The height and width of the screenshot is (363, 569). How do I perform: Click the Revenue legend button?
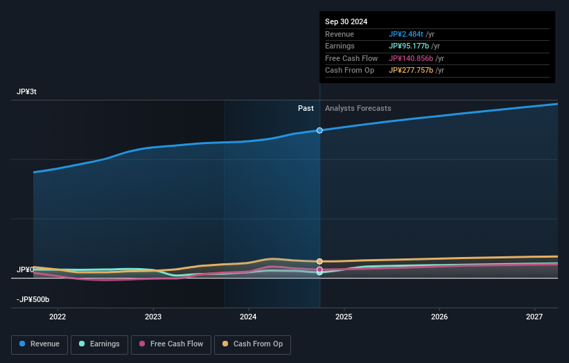[40, 344]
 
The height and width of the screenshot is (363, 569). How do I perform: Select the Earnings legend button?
[99, 344]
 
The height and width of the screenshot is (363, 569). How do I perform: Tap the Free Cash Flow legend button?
[170, 344]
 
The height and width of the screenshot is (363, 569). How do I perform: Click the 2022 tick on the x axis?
[58, 317]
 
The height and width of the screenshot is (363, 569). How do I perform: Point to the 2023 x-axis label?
[153, 317]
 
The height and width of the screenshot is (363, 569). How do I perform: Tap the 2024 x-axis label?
[248, 317]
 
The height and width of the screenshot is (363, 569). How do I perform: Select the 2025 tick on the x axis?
[344, 317]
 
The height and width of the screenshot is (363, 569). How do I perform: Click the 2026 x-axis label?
[439, 317]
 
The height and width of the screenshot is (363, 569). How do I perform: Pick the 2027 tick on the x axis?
[534, 317]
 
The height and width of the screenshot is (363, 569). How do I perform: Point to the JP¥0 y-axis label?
[25, 269]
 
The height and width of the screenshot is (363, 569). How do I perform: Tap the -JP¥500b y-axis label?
[33, 299]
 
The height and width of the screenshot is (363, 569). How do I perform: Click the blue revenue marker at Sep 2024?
[319, 130]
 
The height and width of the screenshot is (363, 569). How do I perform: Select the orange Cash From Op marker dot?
[319, 261]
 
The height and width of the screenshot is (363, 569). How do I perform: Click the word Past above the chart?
[306, 108]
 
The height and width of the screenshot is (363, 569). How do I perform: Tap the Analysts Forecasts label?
[358, 108]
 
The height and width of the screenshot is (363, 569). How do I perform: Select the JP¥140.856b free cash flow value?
[411, 58]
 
